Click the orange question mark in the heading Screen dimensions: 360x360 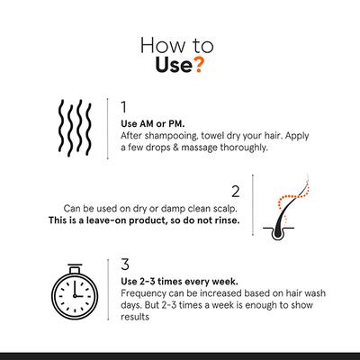click(x=198, y=65)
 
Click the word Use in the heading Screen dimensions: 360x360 click(x=174, y=65)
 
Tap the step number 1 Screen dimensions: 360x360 click(x=123, y=107)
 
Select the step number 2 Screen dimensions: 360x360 click(x=236, y=192)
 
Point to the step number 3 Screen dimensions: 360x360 click(x=125, y=264)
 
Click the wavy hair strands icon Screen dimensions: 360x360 click(x=75, y=128)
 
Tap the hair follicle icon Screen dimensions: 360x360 click(x=285, y=208)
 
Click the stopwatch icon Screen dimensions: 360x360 click(x=75, y=292)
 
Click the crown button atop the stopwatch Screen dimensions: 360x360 click(x=75, y=268)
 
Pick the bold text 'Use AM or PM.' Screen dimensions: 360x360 click(x=153, y=123)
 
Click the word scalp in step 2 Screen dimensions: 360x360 click(x=227, y=209)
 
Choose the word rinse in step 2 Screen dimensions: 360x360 click(x=228, y=220)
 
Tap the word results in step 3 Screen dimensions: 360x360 click(x=135, y=317)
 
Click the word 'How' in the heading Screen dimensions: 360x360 click(x=162, y=45)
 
